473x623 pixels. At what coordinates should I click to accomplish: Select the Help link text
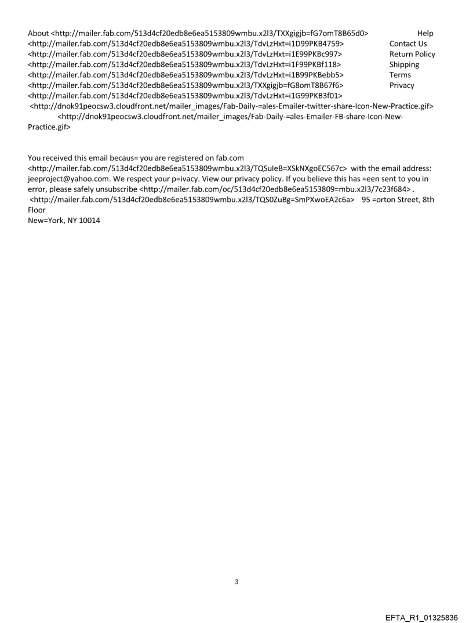[425, 33]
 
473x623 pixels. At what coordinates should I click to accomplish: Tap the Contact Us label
[408, 44]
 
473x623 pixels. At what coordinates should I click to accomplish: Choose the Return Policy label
[412, 54]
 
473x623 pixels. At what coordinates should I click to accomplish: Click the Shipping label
[404, 64]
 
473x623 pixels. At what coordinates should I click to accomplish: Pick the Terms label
[400, 75]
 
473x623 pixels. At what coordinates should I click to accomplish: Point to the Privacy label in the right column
[402, 85]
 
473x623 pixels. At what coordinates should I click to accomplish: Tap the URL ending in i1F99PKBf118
[184, 64]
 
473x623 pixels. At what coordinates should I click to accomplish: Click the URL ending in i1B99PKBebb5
[186, 75]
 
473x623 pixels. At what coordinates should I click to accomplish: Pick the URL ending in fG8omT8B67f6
[185, 85]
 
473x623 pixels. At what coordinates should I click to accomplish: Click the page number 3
[236, 581]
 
